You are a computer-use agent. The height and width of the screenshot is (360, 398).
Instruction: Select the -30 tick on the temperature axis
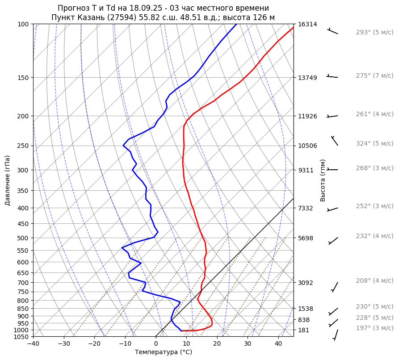(64, 344)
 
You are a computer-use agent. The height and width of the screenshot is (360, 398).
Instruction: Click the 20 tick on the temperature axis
(217, 344)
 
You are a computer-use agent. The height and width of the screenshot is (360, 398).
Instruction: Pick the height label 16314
(307, 24)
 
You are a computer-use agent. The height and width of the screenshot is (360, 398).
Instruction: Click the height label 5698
(306, 238)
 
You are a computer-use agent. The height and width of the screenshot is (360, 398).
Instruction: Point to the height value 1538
(306, 309)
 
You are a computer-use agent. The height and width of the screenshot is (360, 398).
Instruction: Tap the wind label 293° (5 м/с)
(374, 33)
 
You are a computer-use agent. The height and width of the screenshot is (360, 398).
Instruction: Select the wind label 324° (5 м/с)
(374, 144)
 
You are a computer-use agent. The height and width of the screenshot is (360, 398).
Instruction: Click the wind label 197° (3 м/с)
(374, 328)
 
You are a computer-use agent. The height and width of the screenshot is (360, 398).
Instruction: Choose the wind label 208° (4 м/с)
(374, 281)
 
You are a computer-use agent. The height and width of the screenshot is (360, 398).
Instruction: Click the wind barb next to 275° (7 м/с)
(332, 77)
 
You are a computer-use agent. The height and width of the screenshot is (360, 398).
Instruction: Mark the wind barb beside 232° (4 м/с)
(333, 240)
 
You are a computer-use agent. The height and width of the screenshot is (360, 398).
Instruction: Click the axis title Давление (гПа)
(8, 180)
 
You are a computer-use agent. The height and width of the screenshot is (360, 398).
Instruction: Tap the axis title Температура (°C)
(163, 352)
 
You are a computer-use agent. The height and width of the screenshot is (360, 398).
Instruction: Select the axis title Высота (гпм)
(323, 180)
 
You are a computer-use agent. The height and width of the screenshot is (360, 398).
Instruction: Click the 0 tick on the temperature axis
(156, 344)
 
